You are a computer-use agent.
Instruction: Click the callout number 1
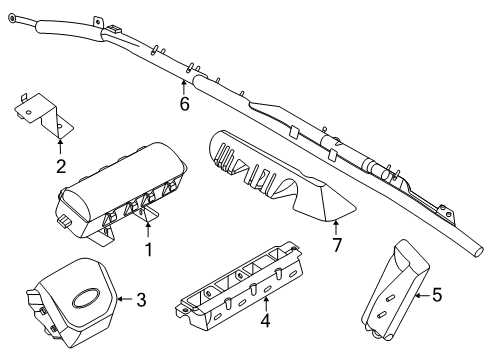(x=148, y=248)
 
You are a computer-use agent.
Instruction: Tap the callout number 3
(x=141, y=298)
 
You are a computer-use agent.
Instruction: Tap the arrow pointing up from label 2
(x=60, y=147)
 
